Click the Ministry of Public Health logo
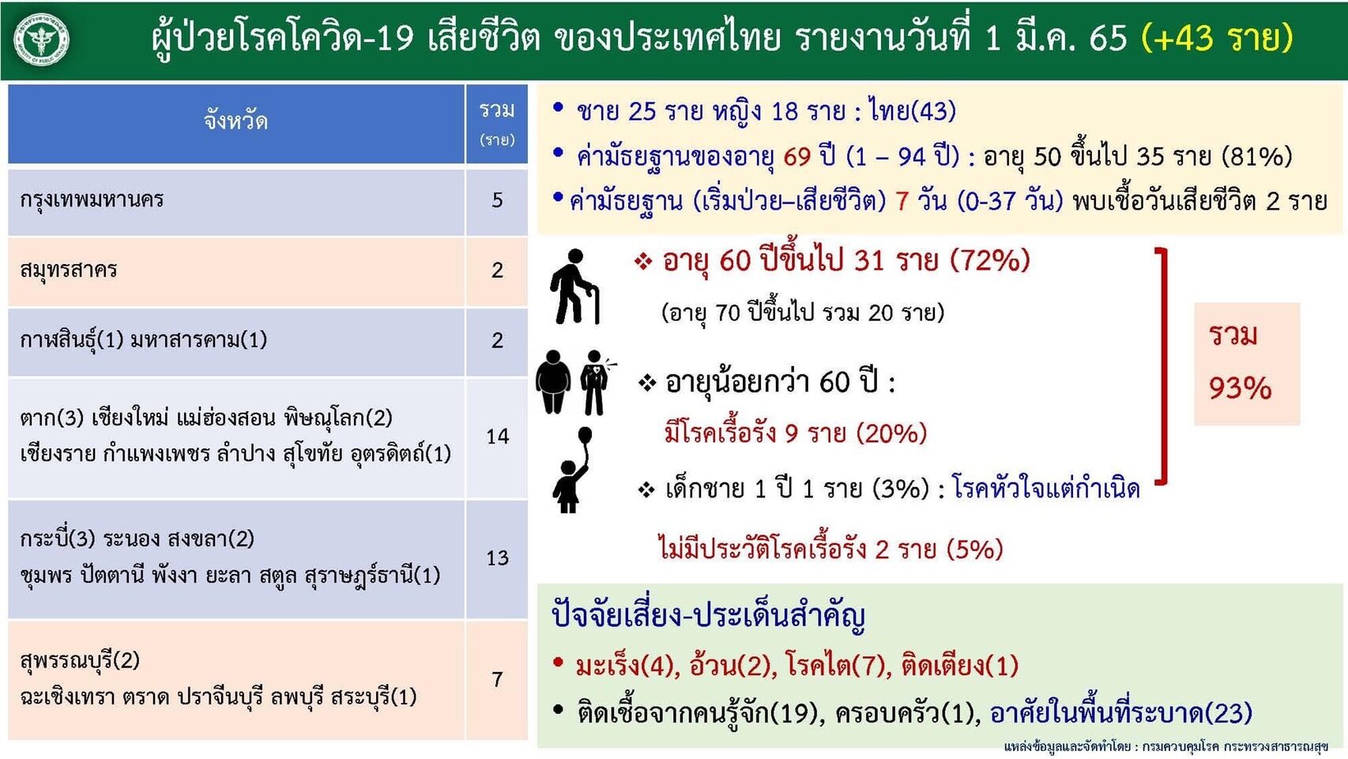[x=41, y=40]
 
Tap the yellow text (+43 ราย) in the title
[x=1217, y=39]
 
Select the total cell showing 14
[x=497, y=436]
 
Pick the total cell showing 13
[x=497, y=558]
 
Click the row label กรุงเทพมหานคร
[x=92, y=200]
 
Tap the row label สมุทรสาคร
[x=68, y=270]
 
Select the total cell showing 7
[x=497, y=679]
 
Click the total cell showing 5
[x=497, y=200]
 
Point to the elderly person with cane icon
[x=574, y=287]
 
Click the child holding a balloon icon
[x=572, y=470]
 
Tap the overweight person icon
[x=553, y=382]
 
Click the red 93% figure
[x=1240, y=389]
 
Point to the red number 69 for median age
[x=796, y=157]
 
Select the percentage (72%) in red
[x=989, y=261]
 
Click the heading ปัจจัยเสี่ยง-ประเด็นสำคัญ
[x=708, y=616]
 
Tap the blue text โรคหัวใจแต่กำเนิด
[x=1046, y=489]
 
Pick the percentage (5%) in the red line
[x=974, y=550]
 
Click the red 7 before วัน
[x=902, y=201]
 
